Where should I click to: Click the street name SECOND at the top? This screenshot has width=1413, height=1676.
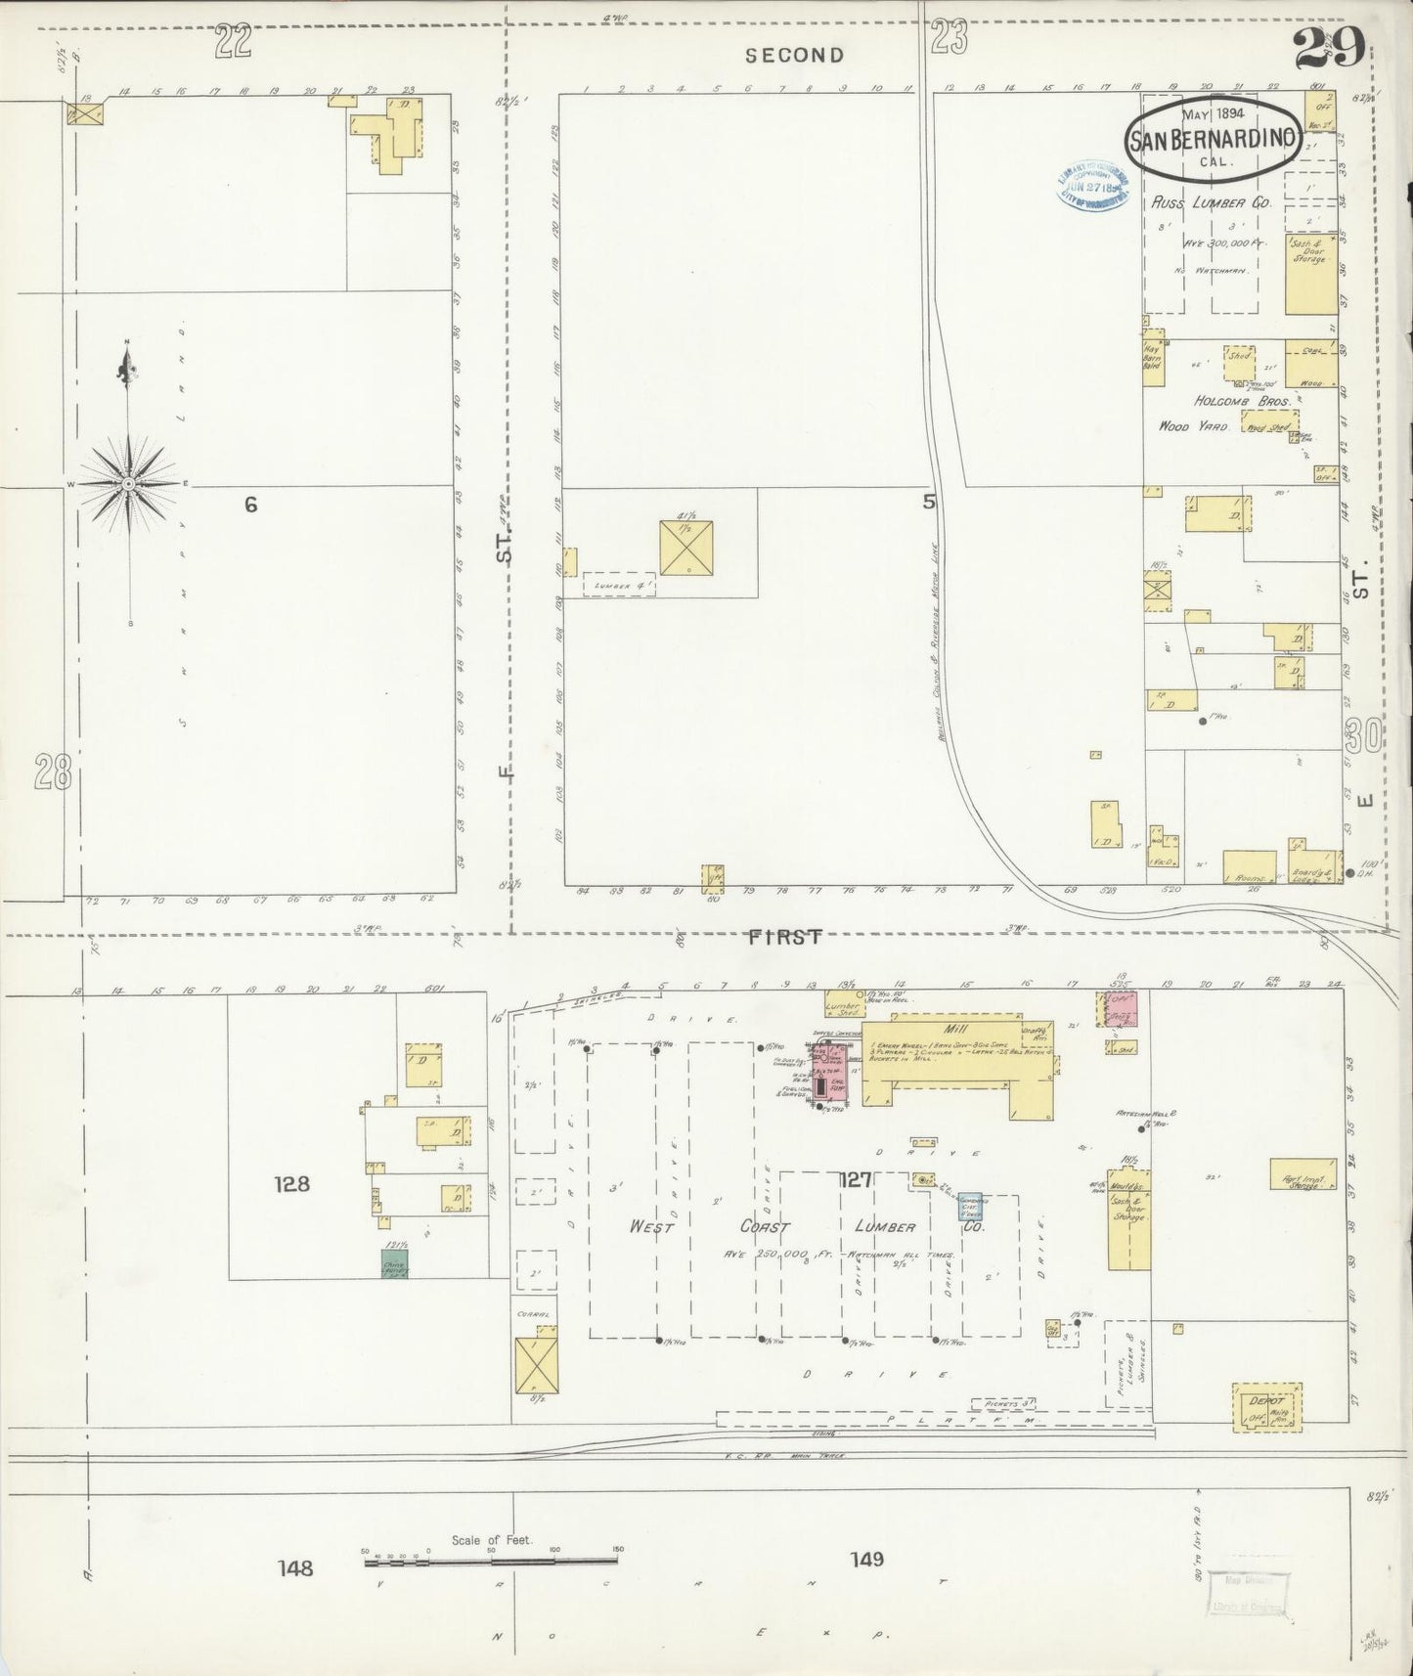[794, 56]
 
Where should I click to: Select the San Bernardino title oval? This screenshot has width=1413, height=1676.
[1213, 140]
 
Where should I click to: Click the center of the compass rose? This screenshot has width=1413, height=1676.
[128, 485]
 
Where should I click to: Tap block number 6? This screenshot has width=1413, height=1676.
[250, 505]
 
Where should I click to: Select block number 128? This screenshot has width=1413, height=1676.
[291, 1183]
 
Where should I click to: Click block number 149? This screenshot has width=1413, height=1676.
[866, 1558]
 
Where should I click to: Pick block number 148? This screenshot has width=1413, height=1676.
[294, 1567]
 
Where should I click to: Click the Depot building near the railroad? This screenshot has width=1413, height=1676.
[1267, 1407]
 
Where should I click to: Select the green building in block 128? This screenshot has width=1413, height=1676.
[394, 1263]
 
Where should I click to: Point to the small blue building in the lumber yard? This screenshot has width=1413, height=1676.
[970, 1206]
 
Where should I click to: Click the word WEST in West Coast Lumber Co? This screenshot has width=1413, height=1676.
[650, 1226]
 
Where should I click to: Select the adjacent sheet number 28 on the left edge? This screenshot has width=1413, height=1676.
[52, 773]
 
